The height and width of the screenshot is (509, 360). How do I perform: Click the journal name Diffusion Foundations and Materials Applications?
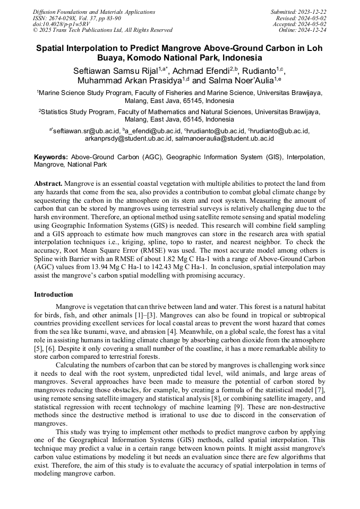coord(94,12)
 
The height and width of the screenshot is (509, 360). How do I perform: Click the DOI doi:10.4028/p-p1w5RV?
coord(61,24)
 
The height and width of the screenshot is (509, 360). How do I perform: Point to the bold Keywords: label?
coord(51,157)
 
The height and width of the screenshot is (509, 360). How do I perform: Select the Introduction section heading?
coord(54,295)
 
